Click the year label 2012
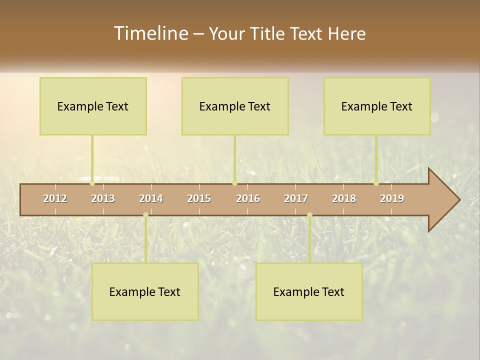55,198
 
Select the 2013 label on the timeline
103,198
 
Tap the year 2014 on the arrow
151,198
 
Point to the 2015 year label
199,198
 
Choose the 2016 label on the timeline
248,198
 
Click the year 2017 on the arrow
296,198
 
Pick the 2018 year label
344,198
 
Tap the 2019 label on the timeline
392,198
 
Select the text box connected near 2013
93,106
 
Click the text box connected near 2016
235,106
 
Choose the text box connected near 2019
377,106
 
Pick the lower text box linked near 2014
145,291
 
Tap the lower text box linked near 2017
309,291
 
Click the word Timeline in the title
150,33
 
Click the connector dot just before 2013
92,183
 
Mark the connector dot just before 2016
234,183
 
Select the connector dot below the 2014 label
145,215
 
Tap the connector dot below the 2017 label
309,215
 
